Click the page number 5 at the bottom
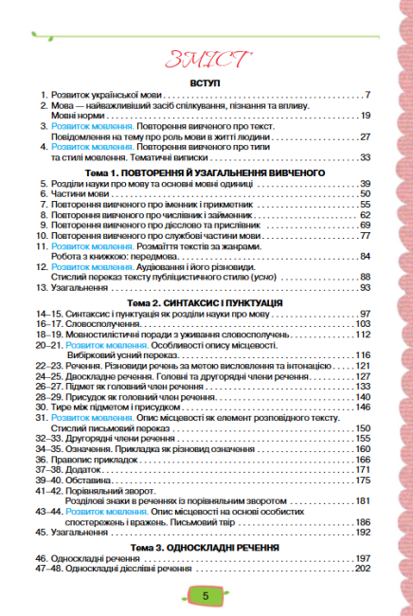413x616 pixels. click(x=206, y=595)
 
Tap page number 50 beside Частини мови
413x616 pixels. click(x=364, y=194)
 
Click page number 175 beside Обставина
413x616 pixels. click(x=362, y=480)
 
